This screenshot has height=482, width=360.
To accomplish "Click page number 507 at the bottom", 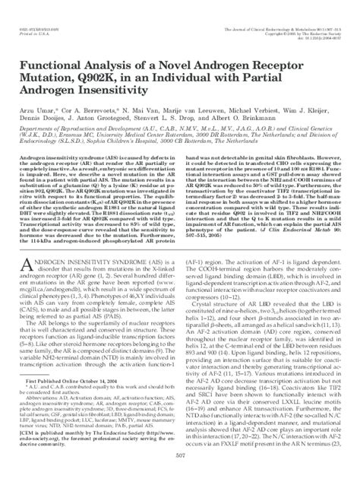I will click(x=179, y=474).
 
